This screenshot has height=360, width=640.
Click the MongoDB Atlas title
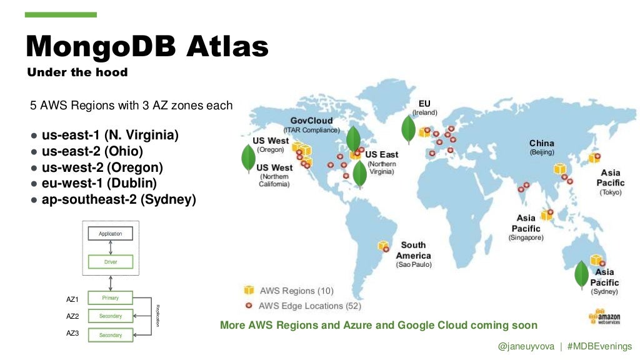pyautogui.click(x=147, y=46)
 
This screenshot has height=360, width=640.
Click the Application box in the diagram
pyautogui.click(x=110, y=234)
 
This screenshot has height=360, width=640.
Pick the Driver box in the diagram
pyautogui.click(x=110, y=261)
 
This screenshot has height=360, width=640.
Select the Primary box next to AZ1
pyautogui.click(x=110, y=297)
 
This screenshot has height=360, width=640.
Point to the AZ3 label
pyautogui.click(x=72, y=334)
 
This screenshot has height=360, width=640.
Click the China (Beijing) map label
pyautogui.click(x=541, y=147)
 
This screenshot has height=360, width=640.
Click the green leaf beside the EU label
pyautogui.click(x=409, y=127)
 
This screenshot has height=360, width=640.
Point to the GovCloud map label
pyautogui.click(x=311, y=121)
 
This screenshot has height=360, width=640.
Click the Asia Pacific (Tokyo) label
pyautogui.click(x=611, y=182)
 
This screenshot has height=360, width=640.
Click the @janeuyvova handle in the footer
pyautogui.click(x=526, y=346)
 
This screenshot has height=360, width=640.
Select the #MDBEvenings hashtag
pyautogui.click(x=599, y=346)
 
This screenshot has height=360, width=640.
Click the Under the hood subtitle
pyautogui.click(x=77, y=72)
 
